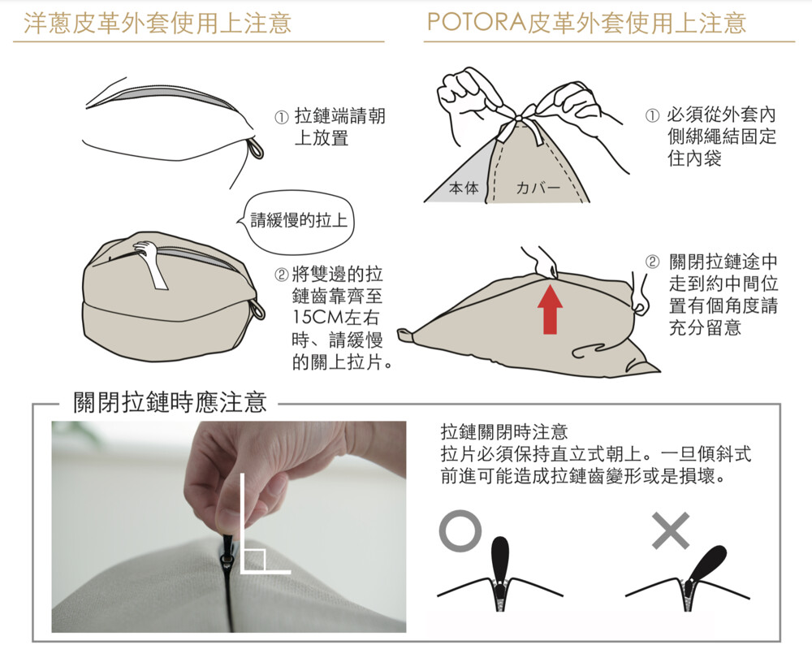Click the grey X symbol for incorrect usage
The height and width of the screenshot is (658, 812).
671,530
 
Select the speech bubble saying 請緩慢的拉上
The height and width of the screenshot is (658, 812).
299,220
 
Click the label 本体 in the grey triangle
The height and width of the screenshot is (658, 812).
464,188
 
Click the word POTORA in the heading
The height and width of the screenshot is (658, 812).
477,23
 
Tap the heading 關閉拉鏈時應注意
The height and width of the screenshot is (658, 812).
170,402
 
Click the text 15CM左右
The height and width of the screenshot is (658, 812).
335,317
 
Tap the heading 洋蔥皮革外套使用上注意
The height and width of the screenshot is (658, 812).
158,24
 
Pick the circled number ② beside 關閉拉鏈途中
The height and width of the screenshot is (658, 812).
652,261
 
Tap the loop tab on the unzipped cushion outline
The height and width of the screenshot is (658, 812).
256,148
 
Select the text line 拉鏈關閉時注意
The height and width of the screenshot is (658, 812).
504,431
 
